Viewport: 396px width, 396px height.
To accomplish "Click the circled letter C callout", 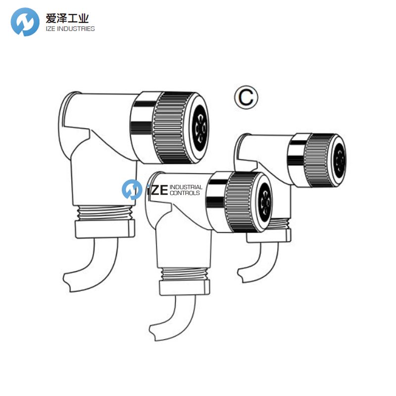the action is pos(246,98).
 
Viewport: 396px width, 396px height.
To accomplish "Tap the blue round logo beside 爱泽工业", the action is pos(25,22).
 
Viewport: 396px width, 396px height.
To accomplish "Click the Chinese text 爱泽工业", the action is pos(67,18).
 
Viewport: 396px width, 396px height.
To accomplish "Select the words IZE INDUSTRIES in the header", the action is pos(70,29).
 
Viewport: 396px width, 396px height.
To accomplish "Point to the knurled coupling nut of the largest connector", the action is pos(172,128).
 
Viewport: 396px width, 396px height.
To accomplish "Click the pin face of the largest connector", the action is pos(200,128).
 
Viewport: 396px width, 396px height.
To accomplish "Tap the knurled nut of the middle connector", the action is pos(240,202).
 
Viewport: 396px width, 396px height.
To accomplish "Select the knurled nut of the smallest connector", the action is pos(319,160).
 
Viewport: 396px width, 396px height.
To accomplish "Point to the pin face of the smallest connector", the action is pos(339,160).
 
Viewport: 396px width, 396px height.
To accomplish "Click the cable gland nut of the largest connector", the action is pos(105,229).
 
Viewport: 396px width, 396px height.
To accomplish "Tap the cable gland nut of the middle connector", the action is pos(184,288).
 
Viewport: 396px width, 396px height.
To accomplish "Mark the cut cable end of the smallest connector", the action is pos(241,276).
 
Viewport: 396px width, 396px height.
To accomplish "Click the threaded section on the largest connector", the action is pos(104,213).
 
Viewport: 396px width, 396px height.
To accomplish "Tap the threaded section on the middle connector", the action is pos(184,274).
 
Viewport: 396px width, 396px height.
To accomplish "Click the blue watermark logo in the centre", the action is pos(132,190).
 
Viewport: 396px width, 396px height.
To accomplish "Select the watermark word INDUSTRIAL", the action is pos(186,187).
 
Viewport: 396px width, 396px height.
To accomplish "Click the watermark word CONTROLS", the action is pos(185,193).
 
